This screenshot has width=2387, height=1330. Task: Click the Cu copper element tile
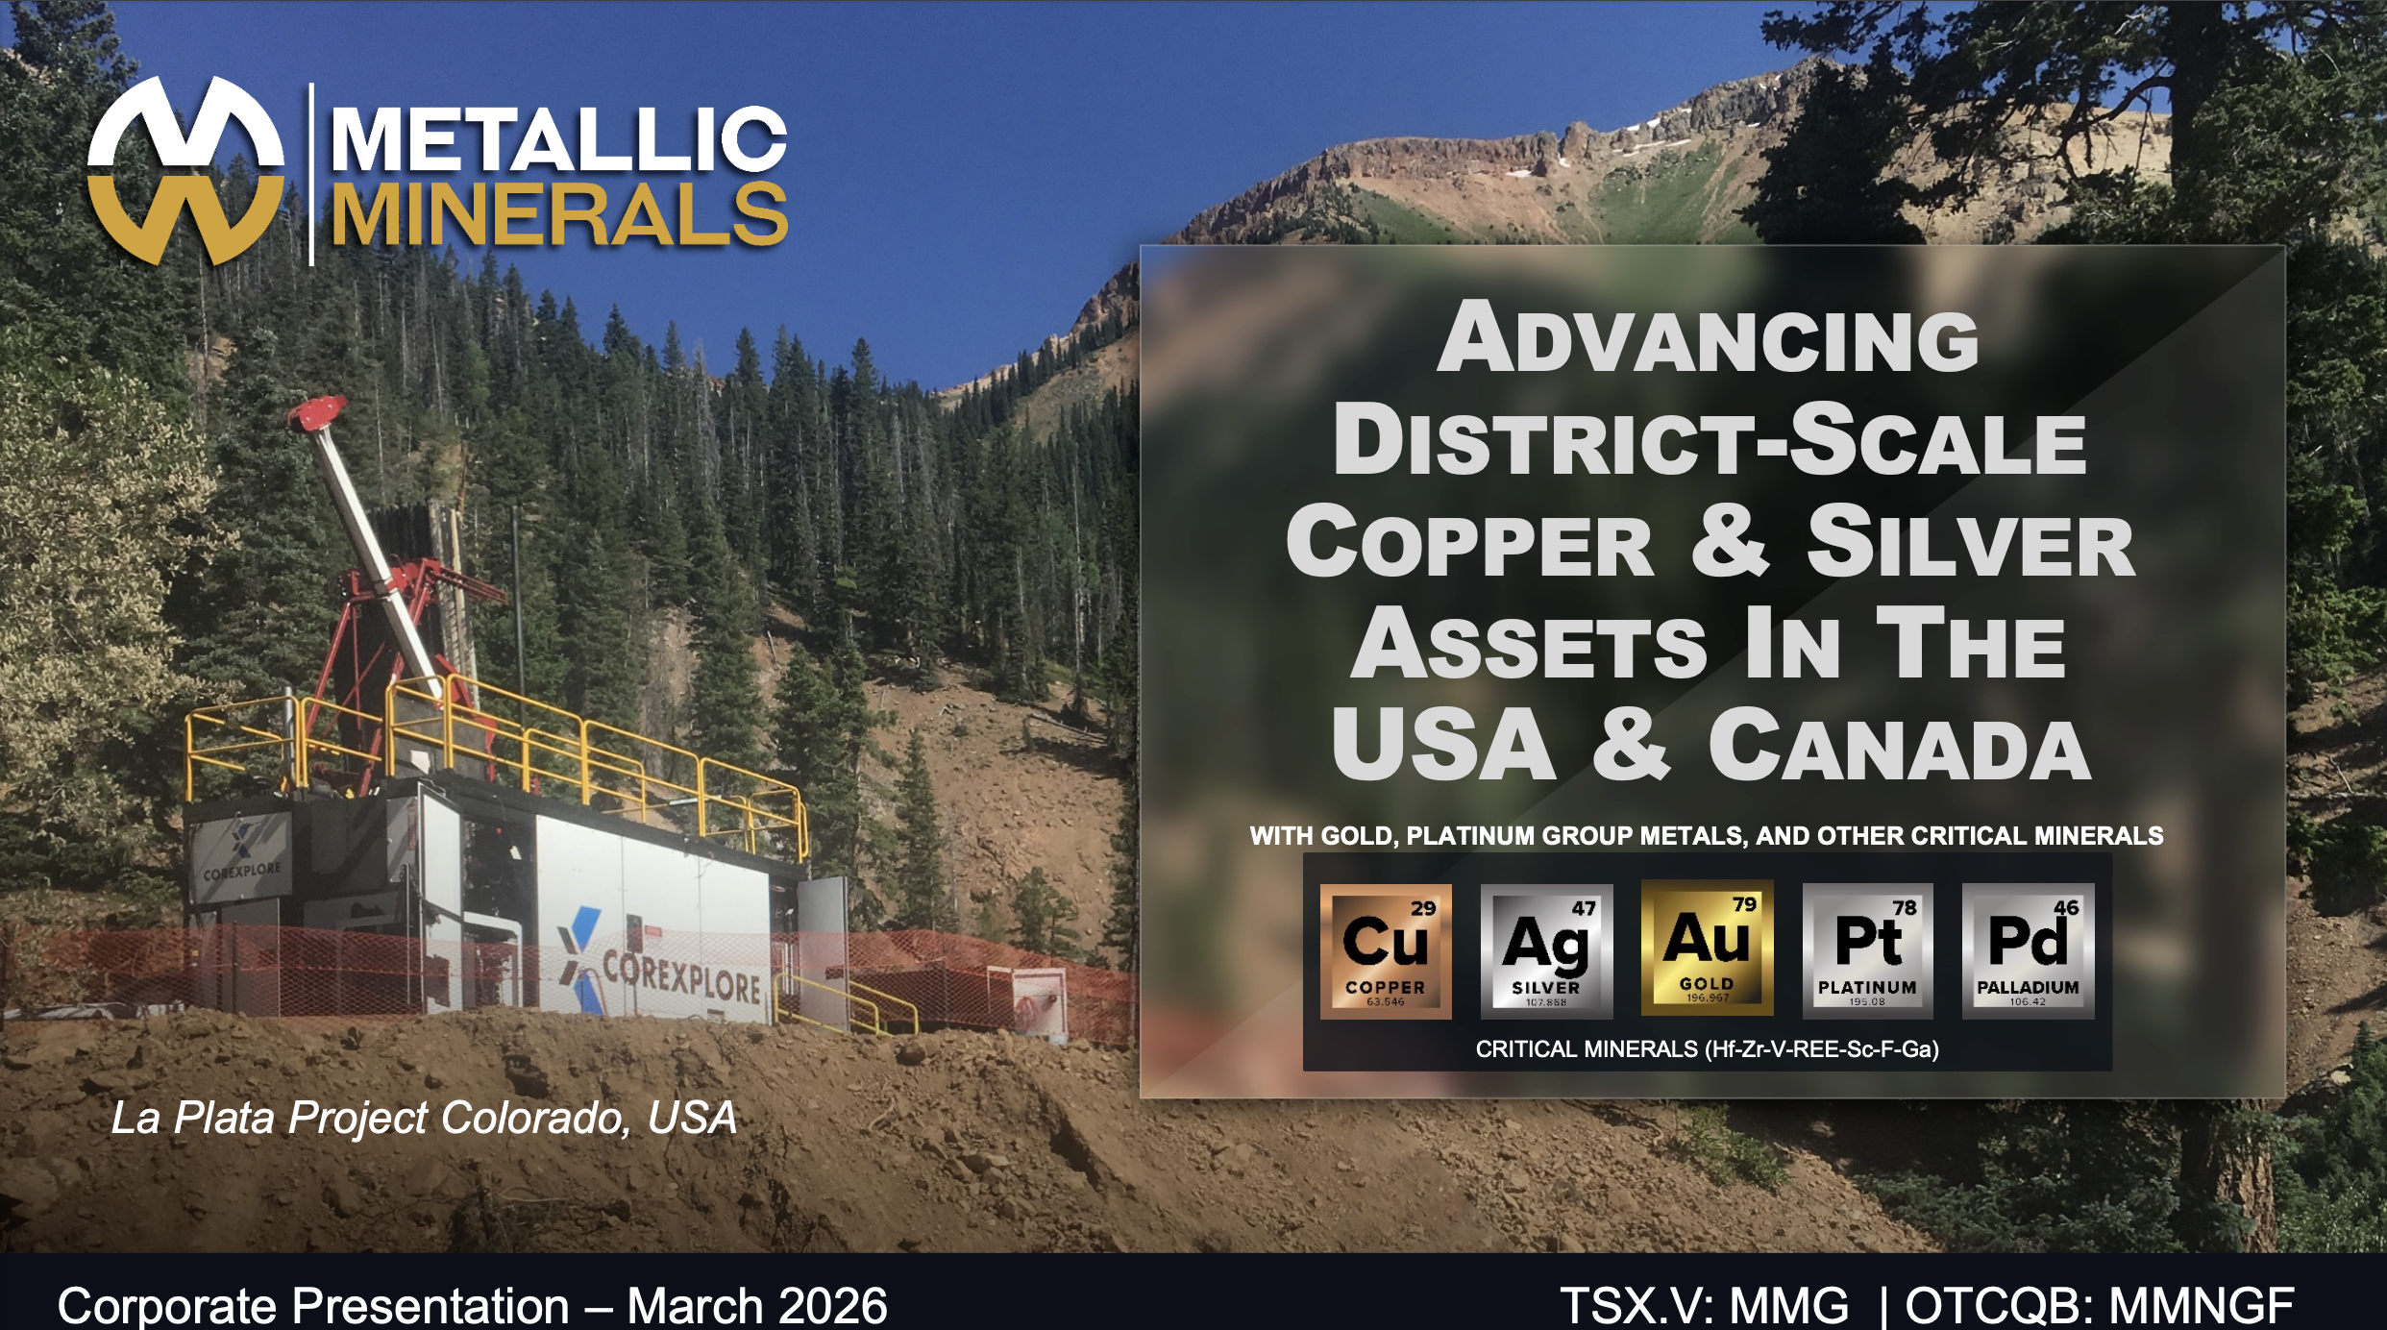point(1385,950)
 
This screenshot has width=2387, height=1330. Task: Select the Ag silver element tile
point(1546,950)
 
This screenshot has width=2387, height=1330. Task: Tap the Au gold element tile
point(1707,948)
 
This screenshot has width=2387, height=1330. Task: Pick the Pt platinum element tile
point(1867,950)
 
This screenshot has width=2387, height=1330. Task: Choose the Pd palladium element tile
point(2028,950)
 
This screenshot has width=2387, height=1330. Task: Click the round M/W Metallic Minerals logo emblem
point(186,171)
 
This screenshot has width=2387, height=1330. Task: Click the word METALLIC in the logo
point(559,140)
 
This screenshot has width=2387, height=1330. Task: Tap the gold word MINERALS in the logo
point(559,213)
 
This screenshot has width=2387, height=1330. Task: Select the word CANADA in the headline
point(1900,746)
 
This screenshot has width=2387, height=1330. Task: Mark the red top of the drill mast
point(317,414)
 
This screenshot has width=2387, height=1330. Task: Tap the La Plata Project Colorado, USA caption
point(424,1118)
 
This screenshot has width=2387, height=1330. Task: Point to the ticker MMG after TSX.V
point(1789,1306)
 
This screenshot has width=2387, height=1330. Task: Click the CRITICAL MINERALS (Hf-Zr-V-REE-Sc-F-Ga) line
point(1708,1049)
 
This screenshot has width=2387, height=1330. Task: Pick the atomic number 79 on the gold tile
point(1744,904)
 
